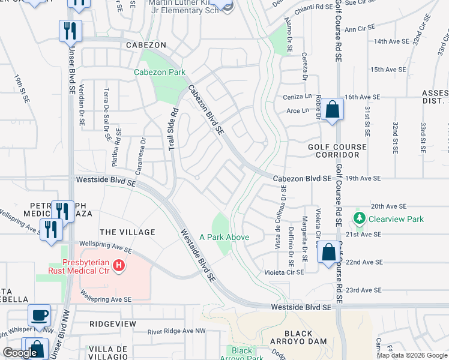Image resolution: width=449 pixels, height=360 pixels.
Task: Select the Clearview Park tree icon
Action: pyautogui.click(x=360, y=219)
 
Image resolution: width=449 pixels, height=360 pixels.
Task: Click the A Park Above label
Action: pyautogui.click(x=224, y=237)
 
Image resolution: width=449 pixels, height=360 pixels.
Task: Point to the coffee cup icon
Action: pyautogui.click(x=40, y=315)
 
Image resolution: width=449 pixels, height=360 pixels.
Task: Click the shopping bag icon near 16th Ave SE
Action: pyautogui.click(x=332, y=110)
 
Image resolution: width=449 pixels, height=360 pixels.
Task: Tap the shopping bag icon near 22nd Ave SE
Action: pyautogui.click(x=328, y=253)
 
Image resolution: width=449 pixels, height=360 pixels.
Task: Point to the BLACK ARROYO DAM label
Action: pyautogui.click(x=298, y=338)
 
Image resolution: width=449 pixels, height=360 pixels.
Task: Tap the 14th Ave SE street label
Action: pyautogui.click(x=391, y=41)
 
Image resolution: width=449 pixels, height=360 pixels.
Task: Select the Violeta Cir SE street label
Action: pyautogui.click(x=285, y=272)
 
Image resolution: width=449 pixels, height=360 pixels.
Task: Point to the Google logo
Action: pyautogui.click(x=20, y=353)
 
